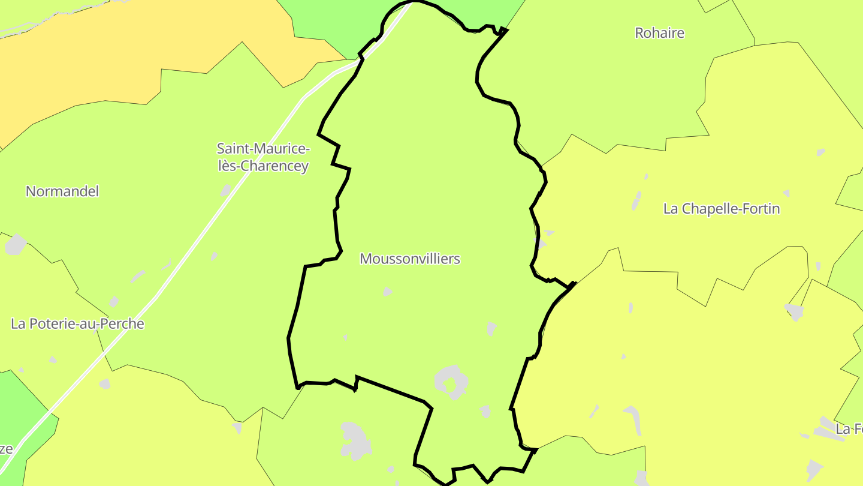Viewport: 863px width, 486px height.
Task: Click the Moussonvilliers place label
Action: click(x=410, y=259)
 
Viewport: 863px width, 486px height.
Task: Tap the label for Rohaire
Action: click(x=659, y=33)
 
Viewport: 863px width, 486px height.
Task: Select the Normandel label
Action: click(x=62, y=191)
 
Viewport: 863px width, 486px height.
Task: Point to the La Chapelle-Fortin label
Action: click(x=722, y=209)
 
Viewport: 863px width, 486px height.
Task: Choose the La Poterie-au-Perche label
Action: click(x=78, y=324)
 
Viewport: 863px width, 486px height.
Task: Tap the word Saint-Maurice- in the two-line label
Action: click(x=263, y=148)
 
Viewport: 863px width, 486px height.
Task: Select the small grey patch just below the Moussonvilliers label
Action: click(x=387, y=292)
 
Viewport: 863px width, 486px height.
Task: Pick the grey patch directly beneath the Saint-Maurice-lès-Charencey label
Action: click(x=226, y=191)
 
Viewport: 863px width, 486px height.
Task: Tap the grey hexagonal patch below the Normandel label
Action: click(x=16, y=245)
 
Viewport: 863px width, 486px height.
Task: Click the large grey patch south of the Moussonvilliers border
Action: click(x=355, y=440)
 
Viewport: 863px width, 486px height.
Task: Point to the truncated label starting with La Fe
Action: click(x=850, y=429)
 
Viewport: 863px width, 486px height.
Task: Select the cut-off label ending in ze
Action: click(x=6, y=449)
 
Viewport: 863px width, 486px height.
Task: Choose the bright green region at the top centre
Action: click(x=336, y=24)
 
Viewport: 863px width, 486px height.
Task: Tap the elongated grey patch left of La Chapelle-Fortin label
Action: click(x=636, y=200)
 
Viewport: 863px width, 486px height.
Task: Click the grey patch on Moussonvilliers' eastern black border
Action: click(x=541, y=244)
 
